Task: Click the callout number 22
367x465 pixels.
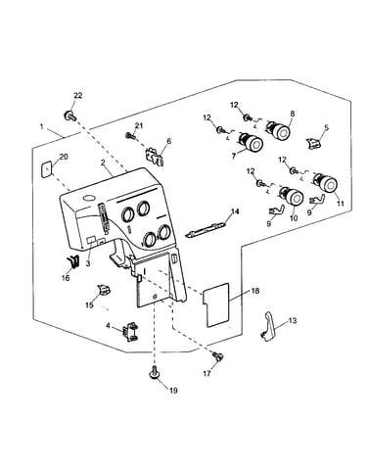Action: [78, 96]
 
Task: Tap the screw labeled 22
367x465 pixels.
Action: [69, 116]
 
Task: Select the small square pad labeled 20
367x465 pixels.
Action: [46, 169]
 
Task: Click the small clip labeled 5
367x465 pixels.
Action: [312, 143]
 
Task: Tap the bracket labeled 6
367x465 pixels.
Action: [155, 156]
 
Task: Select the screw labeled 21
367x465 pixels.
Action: [130, 135]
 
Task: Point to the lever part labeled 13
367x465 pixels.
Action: [268, 327]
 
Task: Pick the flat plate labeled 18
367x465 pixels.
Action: [216, 304]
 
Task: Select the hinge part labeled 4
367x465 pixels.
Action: [130, 331]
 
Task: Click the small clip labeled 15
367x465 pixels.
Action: [103, 289]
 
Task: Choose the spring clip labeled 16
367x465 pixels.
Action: [73, 261]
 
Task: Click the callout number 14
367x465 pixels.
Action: [235, 211]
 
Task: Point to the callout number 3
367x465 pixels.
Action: [88, 263]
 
